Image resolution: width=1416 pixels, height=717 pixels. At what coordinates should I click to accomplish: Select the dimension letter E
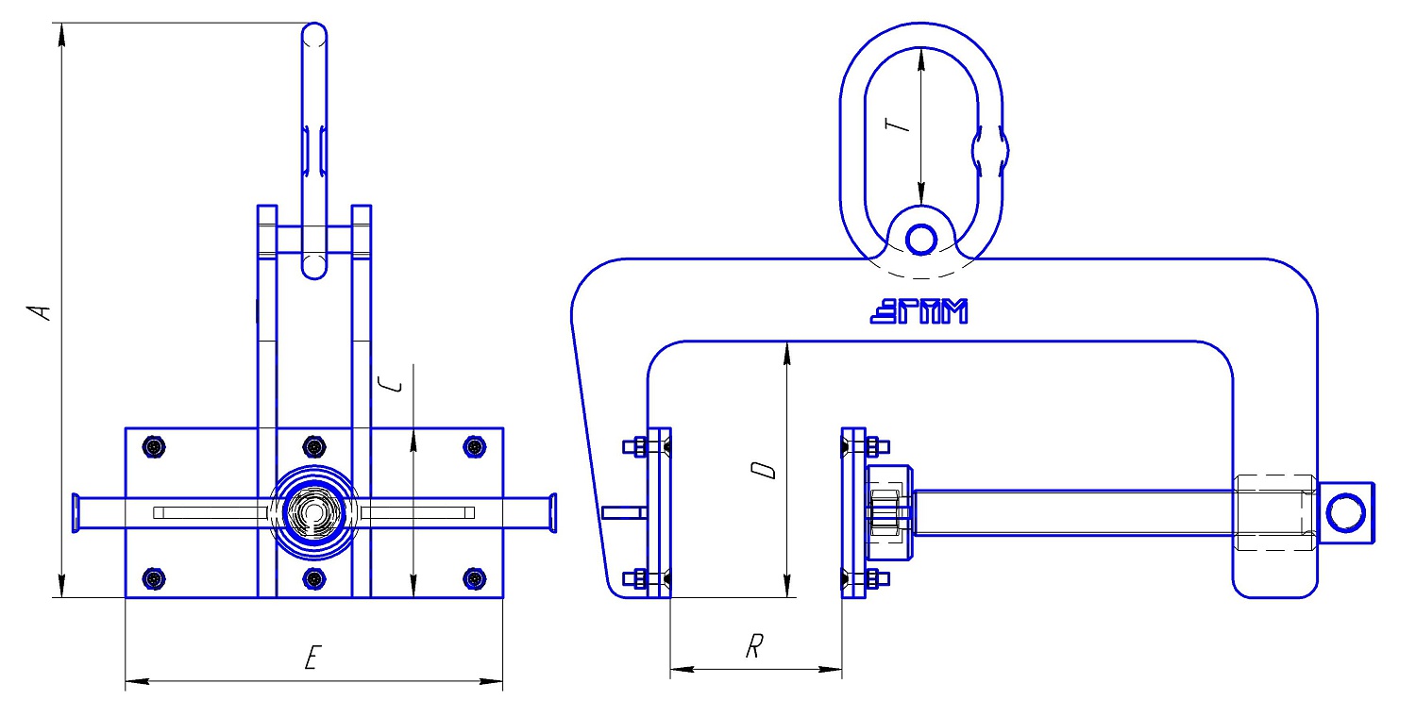click(x=312, y=658)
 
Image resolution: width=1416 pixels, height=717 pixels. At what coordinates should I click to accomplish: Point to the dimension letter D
click(x=764, y=470)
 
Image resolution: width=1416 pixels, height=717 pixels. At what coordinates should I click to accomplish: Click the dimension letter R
click(x=754, y=646)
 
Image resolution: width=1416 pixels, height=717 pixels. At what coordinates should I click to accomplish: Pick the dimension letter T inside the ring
click(x=897, y=125)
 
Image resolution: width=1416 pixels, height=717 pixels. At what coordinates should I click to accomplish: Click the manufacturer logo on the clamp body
click(x=919, y=311)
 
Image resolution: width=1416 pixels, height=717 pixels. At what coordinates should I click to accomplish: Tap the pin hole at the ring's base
click(x=921, y=240)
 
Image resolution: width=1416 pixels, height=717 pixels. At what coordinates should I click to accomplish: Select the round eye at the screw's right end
click(x=1346, y=512)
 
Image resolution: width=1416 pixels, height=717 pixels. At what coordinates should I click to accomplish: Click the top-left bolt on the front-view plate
click(x=154, y=446)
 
